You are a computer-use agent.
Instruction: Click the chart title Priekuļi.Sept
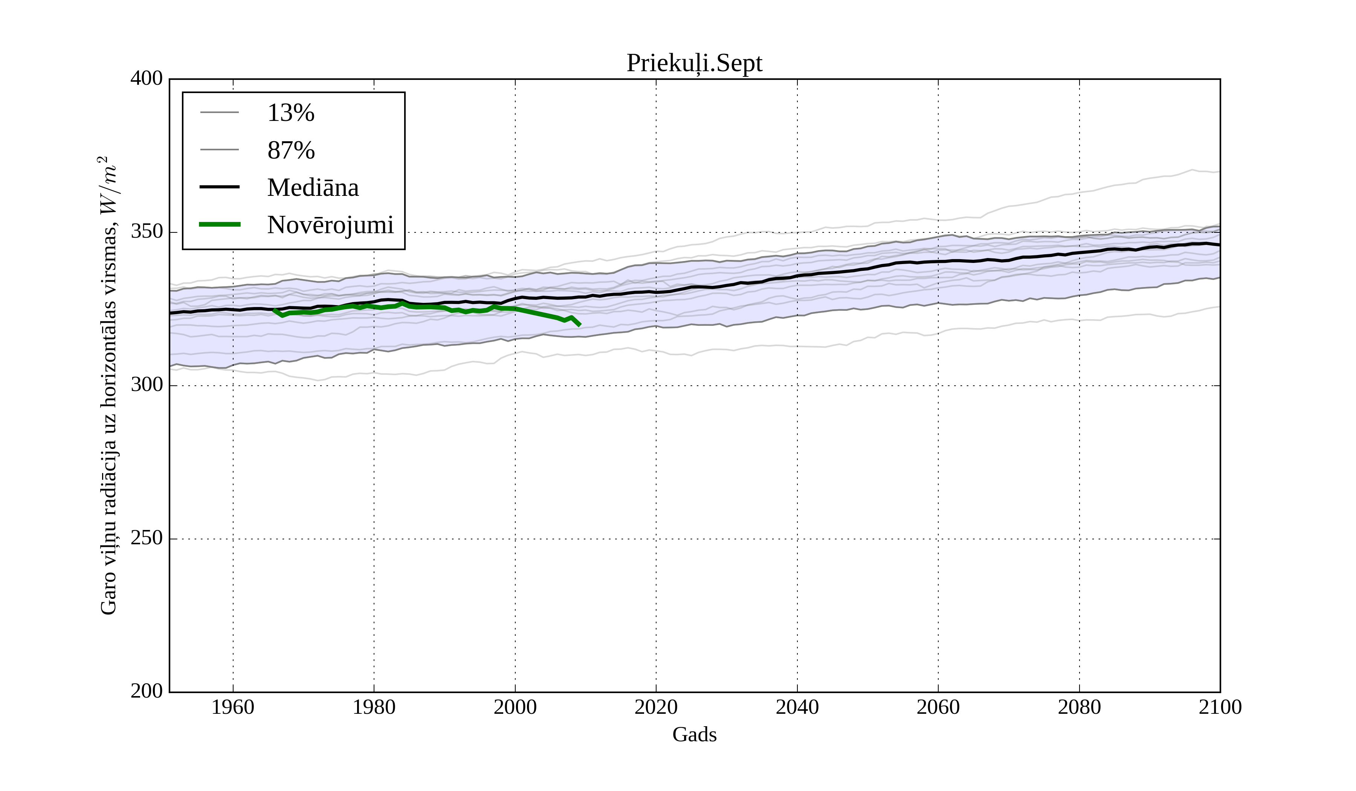(694, 64)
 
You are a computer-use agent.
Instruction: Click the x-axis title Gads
(694, 734)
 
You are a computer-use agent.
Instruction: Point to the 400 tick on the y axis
(147, 79)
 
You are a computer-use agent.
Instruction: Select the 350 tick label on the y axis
(147, 232)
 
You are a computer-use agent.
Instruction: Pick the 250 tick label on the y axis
(147, 538)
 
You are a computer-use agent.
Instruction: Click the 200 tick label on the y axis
(147, 691)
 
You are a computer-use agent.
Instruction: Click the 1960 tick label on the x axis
(233, 707)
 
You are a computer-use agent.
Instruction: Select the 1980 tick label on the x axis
(374, 707)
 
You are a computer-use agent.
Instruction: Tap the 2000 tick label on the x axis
(515, 707)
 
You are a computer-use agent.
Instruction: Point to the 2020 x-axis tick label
(656, 707)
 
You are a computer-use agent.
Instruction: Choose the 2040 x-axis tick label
(797, 707)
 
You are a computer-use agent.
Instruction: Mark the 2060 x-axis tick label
(938, 707)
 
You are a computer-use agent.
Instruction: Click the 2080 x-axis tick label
(1079, 707)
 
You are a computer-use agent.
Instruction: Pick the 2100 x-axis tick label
(1220, 707)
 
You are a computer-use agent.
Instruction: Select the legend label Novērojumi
(330, 225)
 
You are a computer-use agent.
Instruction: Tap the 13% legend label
(290, 113)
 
